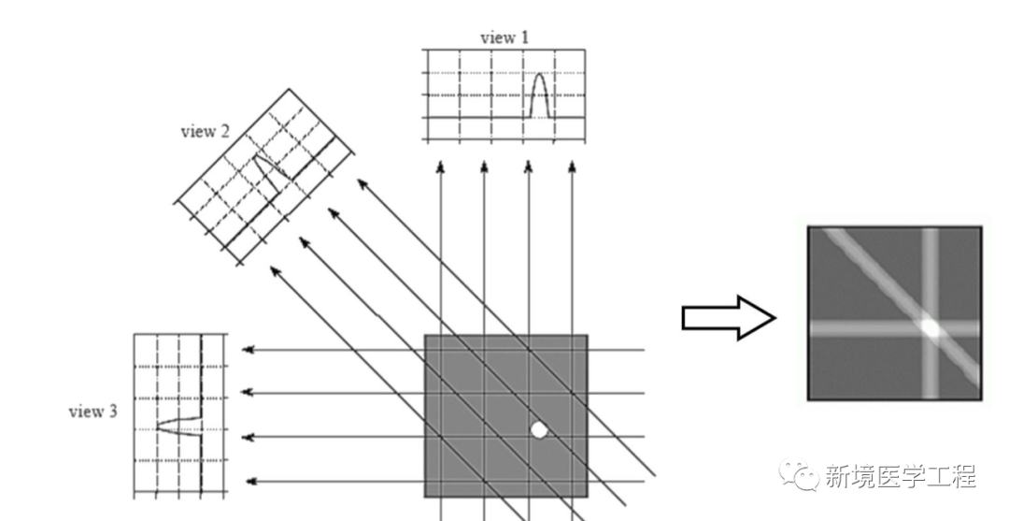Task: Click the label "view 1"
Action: (504, 38)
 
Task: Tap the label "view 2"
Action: (205, 131)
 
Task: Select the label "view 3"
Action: (93, 412)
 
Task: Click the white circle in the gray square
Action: (539, 429)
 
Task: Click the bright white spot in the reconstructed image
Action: (930, 327)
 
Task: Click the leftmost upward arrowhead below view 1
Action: (440, 167)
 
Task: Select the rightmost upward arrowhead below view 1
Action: (572, 167)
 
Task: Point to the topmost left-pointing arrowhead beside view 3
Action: (248, 350)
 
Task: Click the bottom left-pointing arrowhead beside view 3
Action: (249, 482)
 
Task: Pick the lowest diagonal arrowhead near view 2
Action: (274, 270)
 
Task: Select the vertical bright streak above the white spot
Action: (931, 271)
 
